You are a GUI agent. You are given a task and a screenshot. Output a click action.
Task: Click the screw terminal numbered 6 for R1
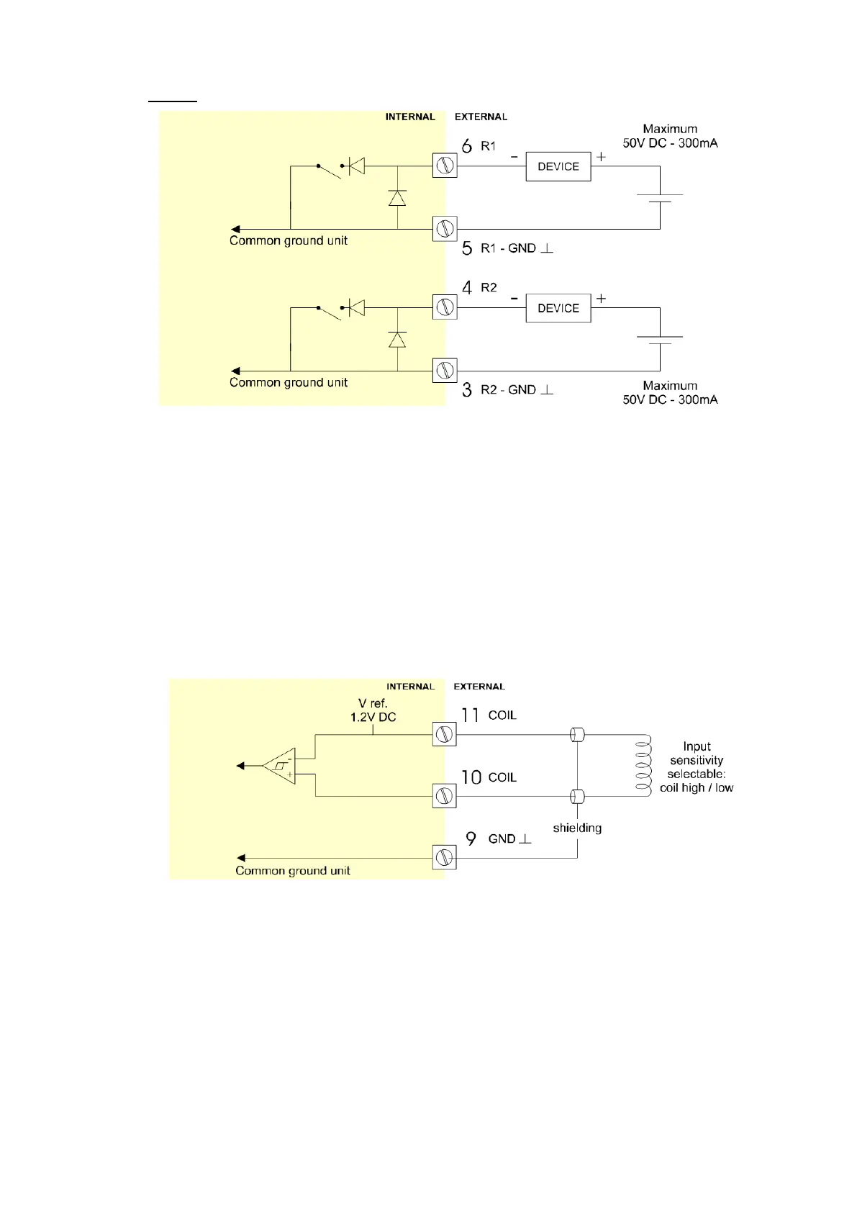445,166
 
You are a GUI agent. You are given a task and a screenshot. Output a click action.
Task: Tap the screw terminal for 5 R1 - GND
445,230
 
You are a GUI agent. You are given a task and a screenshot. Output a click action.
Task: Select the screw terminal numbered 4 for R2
445,308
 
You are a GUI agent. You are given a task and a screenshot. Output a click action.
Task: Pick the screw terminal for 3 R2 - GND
445,371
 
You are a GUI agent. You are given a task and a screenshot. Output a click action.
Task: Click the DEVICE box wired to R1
558,166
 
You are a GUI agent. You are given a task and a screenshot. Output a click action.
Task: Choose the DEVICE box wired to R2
558,308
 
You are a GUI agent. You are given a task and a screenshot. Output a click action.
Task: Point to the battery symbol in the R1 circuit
660,198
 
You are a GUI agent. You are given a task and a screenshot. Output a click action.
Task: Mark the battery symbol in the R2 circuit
660,340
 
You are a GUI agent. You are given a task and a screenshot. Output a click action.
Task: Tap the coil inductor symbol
643,765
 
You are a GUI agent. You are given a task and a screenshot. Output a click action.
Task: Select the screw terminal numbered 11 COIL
445,735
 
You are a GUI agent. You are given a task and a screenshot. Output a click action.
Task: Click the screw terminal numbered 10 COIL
445,797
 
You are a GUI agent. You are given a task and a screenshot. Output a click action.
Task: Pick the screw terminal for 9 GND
445,858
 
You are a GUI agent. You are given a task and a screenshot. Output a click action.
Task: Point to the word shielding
577,828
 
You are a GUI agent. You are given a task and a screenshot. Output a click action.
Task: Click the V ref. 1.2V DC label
373,710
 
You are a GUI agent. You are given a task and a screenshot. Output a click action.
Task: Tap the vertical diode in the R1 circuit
397,198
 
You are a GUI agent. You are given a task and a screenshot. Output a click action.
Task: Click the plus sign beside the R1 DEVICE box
601,156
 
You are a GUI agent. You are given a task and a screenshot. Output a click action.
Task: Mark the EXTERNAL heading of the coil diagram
479,687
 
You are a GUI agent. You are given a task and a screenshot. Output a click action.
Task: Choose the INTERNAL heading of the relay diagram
410,117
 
